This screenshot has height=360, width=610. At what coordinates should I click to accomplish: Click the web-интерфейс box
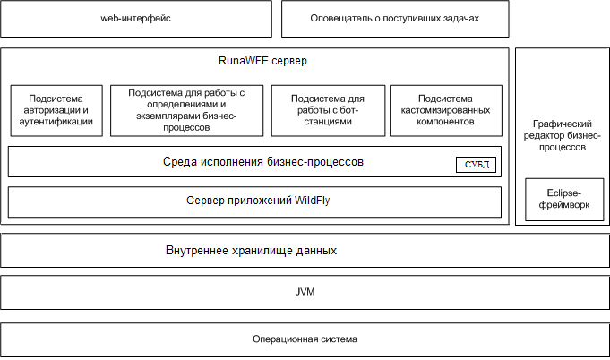click(x=136, y=19)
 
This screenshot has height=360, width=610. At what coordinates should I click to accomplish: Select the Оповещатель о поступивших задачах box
click(x=395, y=19)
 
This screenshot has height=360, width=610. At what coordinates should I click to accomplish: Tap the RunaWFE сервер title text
click(x=262, y=61)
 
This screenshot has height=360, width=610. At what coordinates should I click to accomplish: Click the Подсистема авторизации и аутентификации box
click(x=56, y=111)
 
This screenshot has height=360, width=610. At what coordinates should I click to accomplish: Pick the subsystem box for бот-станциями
click(x=328, y=111)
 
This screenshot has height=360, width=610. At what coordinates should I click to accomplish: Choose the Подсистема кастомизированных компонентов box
click(x=446, y=111)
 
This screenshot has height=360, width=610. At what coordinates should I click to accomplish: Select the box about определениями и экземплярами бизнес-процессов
click(x=186, y=111)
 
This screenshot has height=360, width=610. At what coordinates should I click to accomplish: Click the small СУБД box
click(x=477, y=165)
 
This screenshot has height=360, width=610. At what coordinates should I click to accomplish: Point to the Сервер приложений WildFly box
click(x=254, y=202)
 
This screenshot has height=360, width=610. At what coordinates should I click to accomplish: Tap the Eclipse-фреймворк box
click(x=564, y=200)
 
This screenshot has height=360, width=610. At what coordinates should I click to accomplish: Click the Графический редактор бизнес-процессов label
click(x=563, y=135)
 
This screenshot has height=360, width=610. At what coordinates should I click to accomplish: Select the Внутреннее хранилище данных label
click(x=251, y=251)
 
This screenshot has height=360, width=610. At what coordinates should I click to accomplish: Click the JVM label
click(x=305, y=292)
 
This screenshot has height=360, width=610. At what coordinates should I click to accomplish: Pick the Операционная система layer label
click(x=305, y=339)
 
